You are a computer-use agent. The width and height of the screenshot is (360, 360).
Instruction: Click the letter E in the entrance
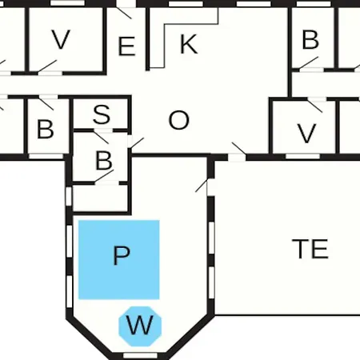[126, 46]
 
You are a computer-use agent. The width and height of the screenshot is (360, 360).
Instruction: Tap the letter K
[189, 44]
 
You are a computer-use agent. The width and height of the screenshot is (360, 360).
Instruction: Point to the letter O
[179, 120]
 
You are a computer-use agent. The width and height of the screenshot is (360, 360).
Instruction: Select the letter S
[102, 114]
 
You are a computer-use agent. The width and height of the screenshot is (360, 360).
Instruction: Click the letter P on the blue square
[122, 255]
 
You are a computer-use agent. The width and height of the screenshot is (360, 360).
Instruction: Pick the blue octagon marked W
[140, 326]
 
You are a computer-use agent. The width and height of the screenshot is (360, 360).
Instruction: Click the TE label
[310, 249]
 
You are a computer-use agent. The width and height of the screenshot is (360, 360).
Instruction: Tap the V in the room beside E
[61, 39]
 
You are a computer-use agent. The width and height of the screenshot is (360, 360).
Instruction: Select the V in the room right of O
[306, 134]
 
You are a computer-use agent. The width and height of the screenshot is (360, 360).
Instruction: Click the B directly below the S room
[104, 161]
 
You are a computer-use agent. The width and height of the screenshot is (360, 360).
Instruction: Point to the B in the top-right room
[310, 40]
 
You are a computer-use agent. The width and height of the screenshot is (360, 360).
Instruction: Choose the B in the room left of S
[45, 130]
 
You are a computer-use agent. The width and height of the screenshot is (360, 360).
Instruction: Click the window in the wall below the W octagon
[140, 355]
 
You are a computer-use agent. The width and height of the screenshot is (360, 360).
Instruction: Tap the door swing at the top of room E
[124, 13]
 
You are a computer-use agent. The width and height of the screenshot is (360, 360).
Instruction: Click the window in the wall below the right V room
[302, 157]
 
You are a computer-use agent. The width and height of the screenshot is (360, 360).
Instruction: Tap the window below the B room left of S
[46, 157]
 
